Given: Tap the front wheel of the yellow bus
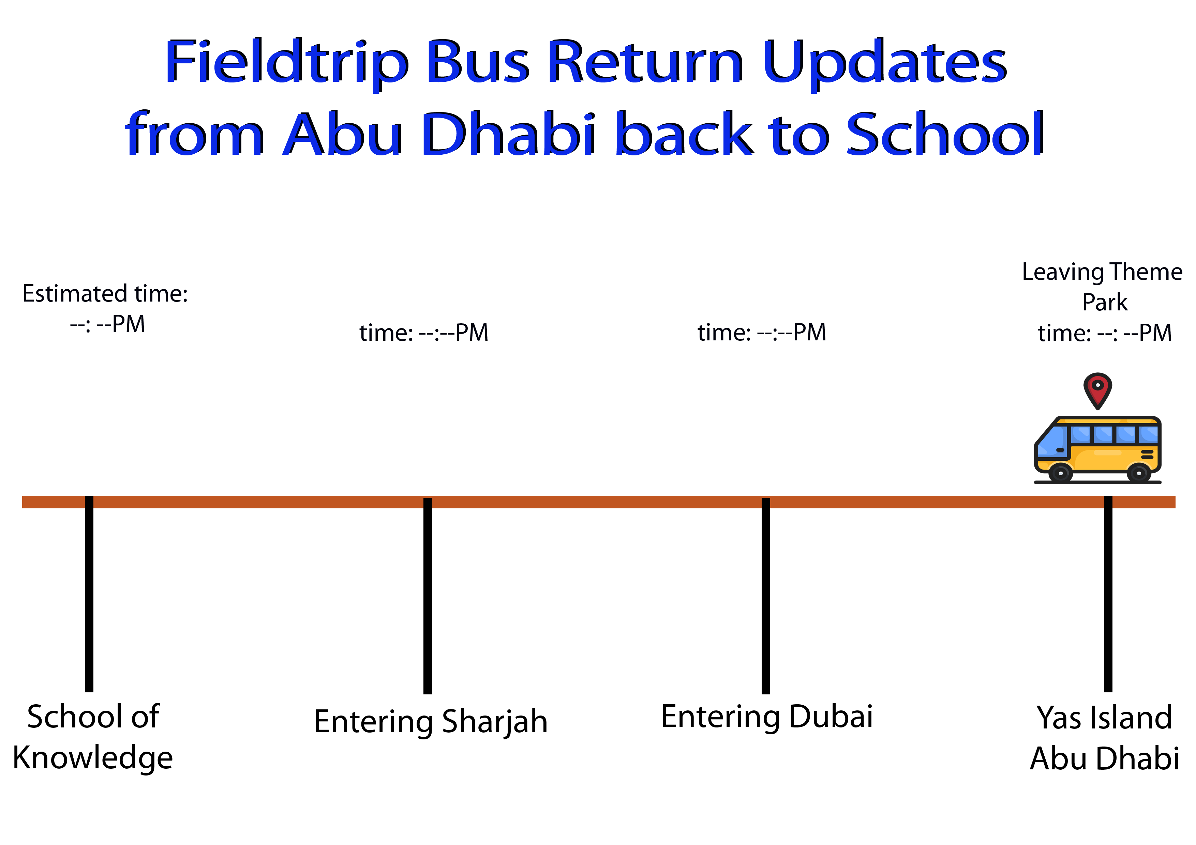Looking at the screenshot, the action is tap(1060, 473).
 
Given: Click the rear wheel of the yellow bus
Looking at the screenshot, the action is tap(1139, 473).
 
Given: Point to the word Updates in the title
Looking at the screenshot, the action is tap(884, 62).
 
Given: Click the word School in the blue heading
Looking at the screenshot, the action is tap(945, 134).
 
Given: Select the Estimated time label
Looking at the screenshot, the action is tap(105, 294).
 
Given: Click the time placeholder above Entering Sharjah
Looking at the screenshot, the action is tap(424, 333).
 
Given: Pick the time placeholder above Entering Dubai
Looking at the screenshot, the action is tap(762, 333).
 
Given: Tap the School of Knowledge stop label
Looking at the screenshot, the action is tap(93, 737).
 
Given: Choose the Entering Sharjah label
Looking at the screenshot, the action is tap(431, 722).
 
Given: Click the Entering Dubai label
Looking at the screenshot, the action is tap(767, 717).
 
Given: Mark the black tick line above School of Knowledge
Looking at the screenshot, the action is tap(89, 594).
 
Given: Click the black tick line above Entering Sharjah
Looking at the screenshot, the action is tap(428, 596).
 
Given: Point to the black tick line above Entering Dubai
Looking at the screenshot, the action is tap(766, 596).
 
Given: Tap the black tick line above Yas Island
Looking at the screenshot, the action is tap(1108, 594).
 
